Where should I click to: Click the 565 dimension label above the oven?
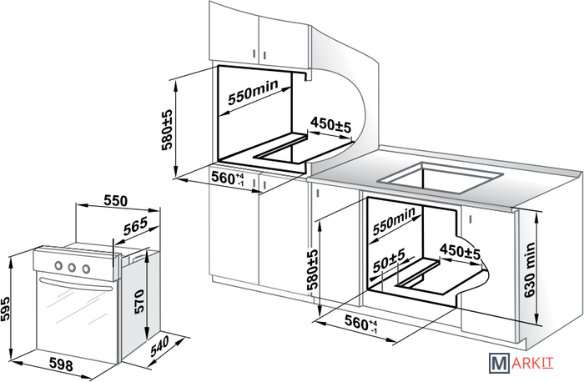tap(135, 225)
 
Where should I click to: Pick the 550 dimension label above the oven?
tap(116, 200)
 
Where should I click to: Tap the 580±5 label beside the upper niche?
tap(167, 129)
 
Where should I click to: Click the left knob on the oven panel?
tap(58, 267)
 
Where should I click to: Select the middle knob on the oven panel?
tap(72, 268)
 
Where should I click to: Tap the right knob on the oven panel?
tap(85, 269)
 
